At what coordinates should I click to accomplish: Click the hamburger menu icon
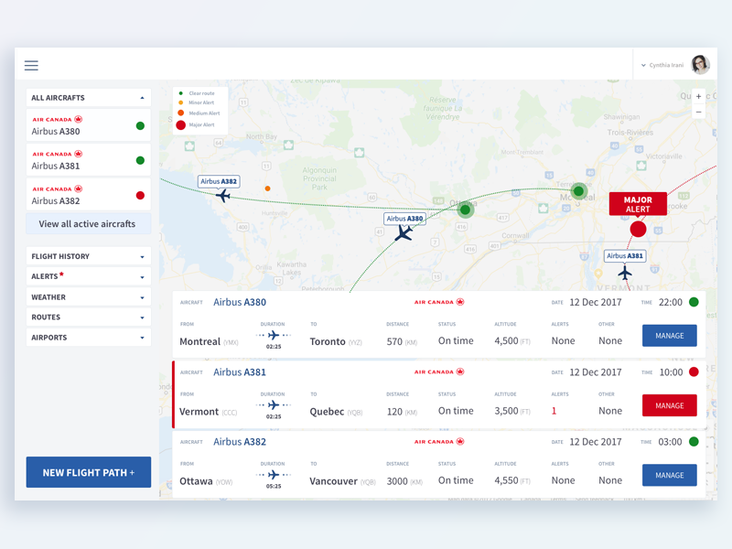pos(31,66)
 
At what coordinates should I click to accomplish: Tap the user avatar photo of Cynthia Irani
pos(700,64)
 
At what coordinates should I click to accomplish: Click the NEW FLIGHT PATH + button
pos(89,472)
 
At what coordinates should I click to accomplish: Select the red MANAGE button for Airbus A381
pos(669,405)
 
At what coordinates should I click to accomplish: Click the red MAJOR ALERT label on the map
pos(638,204)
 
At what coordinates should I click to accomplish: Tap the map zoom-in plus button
pos(698,96)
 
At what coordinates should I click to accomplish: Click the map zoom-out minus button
pos(698,112)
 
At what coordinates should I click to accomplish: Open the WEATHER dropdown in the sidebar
pos(89,297)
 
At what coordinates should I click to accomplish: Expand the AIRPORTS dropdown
pos(89,338)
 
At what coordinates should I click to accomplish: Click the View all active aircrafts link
pos(87,223)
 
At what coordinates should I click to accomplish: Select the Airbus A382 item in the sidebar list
pos(89,195)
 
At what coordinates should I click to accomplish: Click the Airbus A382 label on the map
pos(219,181)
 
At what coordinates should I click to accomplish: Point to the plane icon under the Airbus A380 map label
pos(404,234)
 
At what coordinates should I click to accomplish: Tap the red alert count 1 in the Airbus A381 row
pos(554,411)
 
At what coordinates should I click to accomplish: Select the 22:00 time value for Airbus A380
pos(670,302)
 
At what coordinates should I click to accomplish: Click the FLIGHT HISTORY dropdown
pos(89,257)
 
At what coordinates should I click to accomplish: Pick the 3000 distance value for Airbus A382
pos(397,480)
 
